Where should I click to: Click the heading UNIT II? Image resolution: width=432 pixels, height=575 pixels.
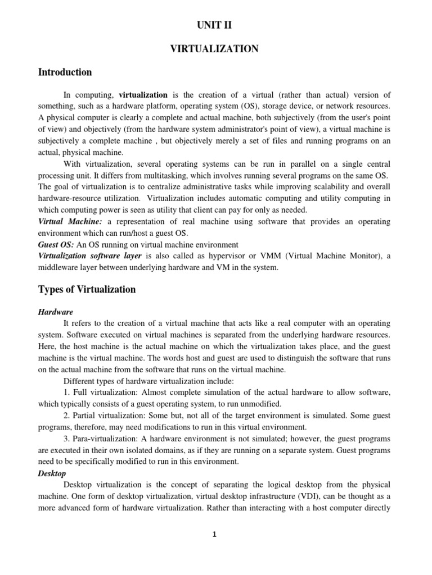(x=214, y=25)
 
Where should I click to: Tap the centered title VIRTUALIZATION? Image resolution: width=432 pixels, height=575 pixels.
(x=214, y=49)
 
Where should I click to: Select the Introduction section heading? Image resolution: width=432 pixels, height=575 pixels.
(x=65, y=72)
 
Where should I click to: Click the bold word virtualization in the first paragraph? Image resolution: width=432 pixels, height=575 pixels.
(x=143, y=95)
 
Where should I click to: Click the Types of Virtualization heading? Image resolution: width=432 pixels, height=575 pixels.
(x=87, y=290)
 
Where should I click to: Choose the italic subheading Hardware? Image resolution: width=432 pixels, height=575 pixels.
(x=55, y=312)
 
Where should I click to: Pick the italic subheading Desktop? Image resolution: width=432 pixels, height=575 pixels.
(x=52, y=473)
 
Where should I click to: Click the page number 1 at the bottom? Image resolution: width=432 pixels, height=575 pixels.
(x=214, y=535)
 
